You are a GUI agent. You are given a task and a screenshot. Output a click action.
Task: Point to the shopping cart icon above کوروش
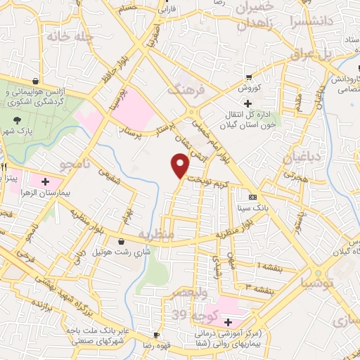coord(249,78)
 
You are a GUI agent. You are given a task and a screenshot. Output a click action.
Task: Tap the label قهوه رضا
coord(157,347)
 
